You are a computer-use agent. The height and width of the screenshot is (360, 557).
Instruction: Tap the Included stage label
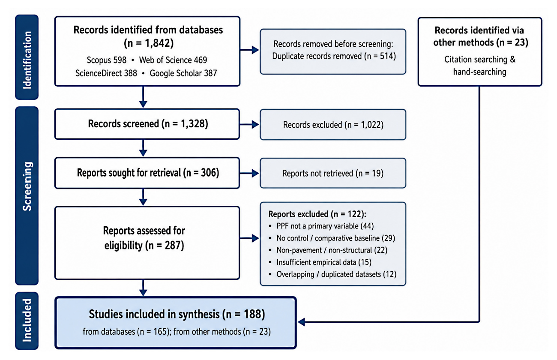coord(27,320)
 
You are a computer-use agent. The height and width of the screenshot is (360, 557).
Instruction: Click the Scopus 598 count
coord(106,60)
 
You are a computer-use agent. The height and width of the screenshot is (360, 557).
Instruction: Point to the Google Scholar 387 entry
coord(183,73)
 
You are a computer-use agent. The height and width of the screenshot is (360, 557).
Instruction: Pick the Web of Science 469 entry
coord(173,60)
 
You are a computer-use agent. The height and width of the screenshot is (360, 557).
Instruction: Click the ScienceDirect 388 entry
coord(106,73)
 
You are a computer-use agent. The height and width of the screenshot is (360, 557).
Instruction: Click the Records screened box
coord(147,124)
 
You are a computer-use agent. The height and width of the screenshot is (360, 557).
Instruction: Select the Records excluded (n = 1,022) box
coord(333,124)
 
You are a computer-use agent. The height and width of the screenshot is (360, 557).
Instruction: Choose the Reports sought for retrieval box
coord(147,173)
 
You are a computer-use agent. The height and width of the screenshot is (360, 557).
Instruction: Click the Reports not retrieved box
coord(333,173)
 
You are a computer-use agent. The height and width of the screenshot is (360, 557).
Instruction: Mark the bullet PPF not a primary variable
coord(321,226)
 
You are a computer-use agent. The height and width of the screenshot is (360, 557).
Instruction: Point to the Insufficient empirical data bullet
coord(320,262)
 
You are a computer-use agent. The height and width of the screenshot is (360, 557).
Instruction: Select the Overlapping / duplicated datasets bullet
coord(332,274)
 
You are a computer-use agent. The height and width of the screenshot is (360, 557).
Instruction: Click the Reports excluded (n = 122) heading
coord(317,214)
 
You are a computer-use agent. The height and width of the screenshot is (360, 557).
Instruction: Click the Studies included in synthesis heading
coord(177,314)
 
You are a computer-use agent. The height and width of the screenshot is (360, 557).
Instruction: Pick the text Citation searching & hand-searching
coord(480,66)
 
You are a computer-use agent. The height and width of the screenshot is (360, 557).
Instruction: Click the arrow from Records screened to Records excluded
coord(249,124)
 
